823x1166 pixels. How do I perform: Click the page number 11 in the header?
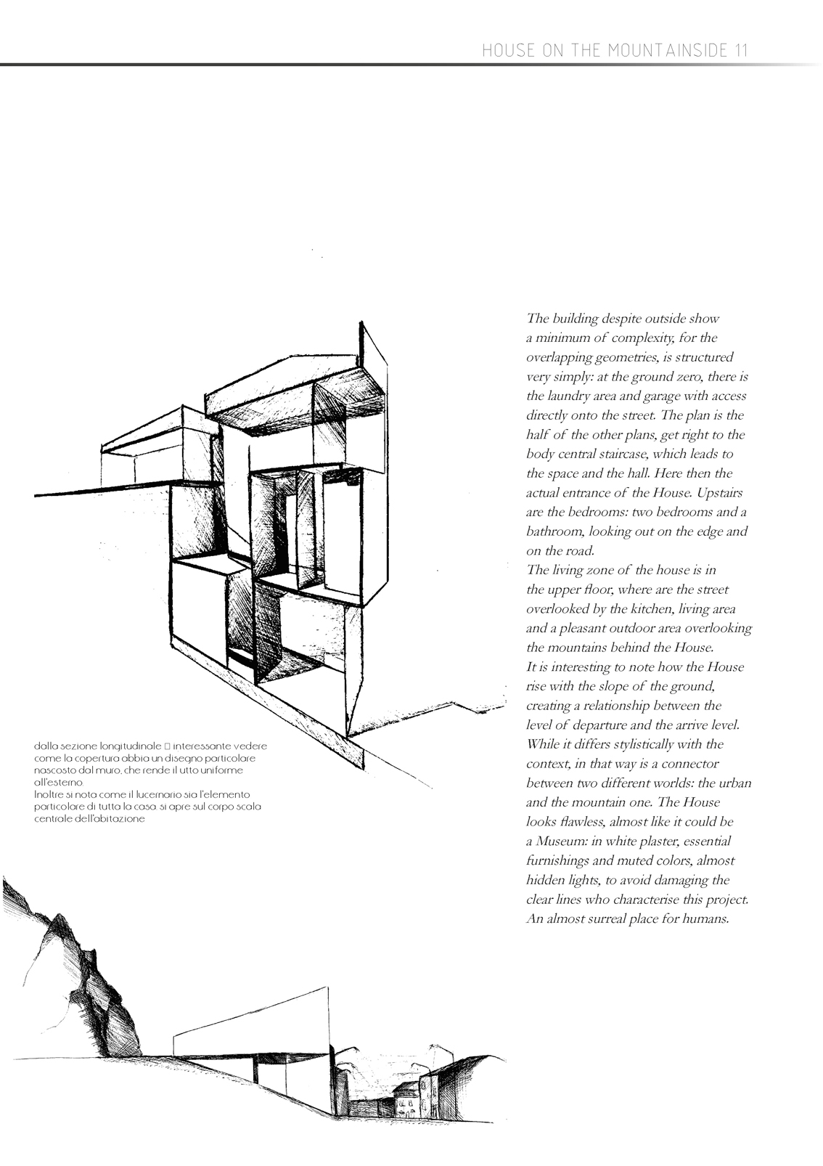740,50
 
